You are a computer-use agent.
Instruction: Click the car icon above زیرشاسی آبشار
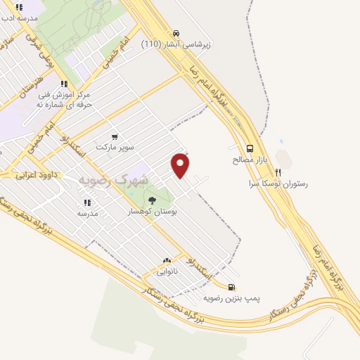pos(175,33)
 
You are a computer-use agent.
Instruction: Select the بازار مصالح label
pos(250,160)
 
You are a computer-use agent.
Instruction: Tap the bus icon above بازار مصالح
pos(250,148)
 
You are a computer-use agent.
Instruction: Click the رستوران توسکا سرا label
pos(278,184)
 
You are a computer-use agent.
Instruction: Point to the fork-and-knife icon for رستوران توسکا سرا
pos(278,172)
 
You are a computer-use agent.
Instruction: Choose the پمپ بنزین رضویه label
pos(232,298)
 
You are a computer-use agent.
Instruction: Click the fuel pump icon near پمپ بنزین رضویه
pos(232,287)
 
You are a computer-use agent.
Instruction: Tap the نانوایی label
pos(167,271)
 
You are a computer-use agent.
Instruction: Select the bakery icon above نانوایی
pos(167,260)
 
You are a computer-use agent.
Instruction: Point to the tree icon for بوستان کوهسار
pos(152,200)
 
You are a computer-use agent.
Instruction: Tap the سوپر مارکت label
pos(115,148)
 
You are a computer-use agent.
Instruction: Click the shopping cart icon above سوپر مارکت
pos(115,136)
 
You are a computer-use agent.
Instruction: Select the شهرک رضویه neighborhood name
pos(112,180)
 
